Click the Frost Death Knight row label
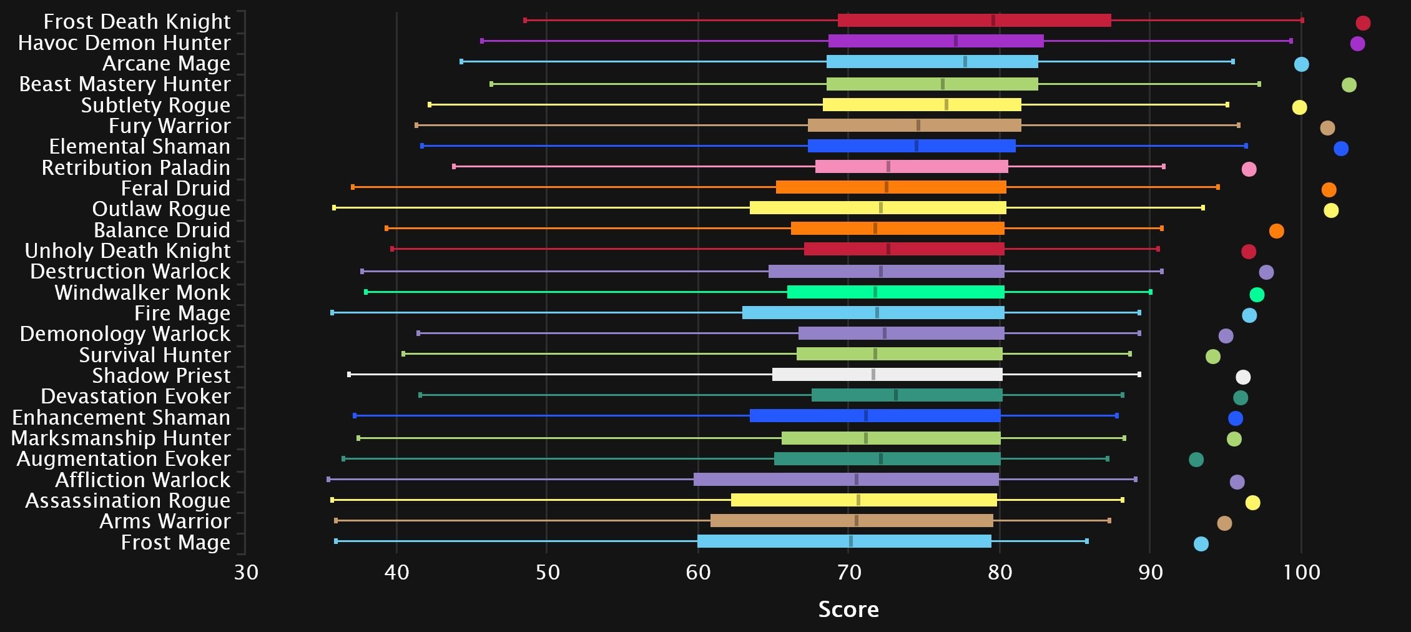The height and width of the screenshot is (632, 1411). [x=137, y=22]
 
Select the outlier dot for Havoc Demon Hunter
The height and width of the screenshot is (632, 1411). [x=1357, y=44]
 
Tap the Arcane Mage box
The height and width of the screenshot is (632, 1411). [x=932, y=62]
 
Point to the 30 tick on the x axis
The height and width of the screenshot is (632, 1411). [x=246, y=572]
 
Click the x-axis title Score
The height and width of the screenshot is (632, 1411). [x=848, y=610]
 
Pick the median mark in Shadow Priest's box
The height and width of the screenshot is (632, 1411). [x=873, y=375]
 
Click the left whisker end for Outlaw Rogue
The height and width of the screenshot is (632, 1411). [x=334, y=208]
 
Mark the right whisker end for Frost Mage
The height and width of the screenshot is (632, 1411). [x=1087, y=541]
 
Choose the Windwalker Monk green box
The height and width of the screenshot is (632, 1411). [x=895, y=292]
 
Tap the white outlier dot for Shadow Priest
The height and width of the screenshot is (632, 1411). [x=1243, y=377]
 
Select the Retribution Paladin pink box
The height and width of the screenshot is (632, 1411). [x=912, y=167]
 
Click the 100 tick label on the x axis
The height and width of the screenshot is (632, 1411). [x=1302, y=572]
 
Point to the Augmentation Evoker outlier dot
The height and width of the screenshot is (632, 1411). [x=1196, y=460]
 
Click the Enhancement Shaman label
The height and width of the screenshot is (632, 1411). [x=121, y=418]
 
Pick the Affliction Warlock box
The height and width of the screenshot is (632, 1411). [x=846, y=480]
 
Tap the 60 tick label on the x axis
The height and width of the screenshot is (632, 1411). [x=698, y=572]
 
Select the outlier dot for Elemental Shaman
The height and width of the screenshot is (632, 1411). [x=1341, y=149]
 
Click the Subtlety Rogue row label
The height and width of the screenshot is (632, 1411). [x=155, y=106]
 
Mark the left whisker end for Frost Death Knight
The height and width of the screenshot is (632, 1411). [x=525, y=21]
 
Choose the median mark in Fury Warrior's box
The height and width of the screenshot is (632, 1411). [x=918, y=126]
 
